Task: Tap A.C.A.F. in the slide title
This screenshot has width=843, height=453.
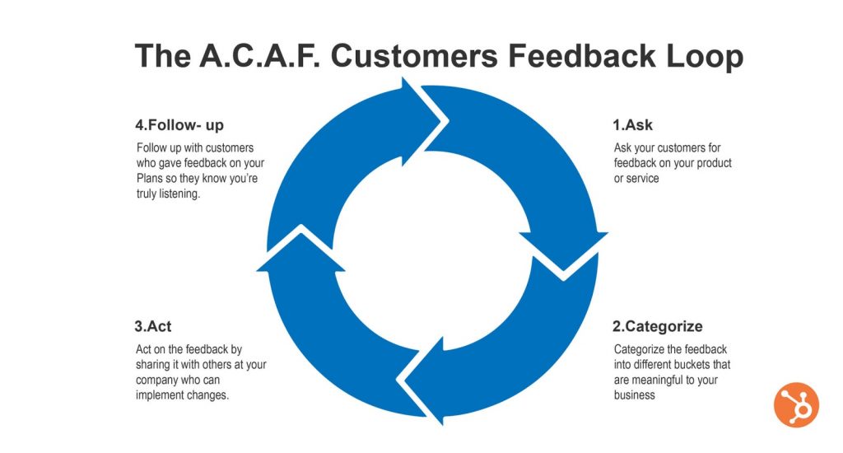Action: point(259,55)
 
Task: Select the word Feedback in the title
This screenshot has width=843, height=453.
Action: point(582,55)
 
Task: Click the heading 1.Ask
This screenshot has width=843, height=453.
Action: point(632,125)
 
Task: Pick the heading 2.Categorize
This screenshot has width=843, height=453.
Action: point(658,326)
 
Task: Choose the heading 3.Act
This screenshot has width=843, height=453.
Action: point(152,326)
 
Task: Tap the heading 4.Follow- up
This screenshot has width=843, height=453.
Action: point(179,125)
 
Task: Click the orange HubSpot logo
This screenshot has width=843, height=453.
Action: point(796,404)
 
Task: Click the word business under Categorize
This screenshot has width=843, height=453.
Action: point(635,395)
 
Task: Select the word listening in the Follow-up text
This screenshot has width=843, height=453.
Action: point(179,194)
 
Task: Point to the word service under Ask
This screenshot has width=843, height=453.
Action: point(643,179)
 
